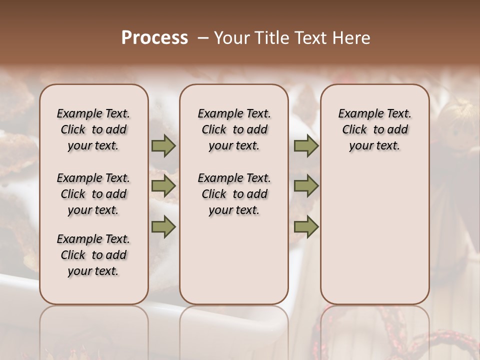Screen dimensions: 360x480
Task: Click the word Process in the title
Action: [x=154, y=38]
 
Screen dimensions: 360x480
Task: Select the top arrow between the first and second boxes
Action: [x=163, y=146]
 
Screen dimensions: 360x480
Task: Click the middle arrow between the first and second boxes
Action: [x=163, y=186]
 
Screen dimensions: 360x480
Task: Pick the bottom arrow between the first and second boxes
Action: [x=163, y=226]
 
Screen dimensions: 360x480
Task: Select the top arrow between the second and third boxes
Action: [x=306, y=146]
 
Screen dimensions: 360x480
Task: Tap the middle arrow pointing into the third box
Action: [x=306, y=186]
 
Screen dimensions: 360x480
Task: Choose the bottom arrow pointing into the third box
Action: [x=306, y=226]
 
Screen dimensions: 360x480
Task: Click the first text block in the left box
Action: [x=93, y=129]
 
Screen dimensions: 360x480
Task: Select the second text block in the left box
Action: [x=93, y=194]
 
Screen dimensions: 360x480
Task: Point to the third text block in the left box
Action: [x=93, y=255]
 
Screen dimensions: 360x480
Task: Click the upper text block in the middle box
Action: [x=234, y=129]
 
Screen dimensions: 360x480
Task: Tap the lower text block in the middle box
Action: [x=234, y=194]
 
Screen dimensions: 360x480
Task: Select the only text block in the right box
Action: [x=375, y=129]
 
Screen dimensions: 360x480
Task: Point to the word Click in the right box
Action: [x=354, y=130]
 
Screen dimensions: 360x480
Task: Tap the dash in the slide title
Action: [x=203, y=38]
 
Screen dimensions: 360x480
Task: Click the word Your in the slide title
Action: [x=230, y=38]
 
